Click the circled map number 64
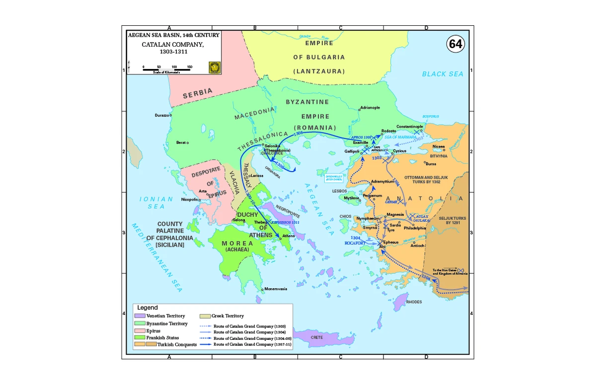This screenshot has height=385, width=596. (x=455, y=44)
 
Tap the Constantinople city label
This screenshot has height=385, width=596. (x=410, y=127)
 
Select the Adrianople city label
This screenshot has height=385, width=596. (x=370, y=107)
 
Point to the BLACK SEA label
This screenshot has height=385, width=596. (x=443, y=74)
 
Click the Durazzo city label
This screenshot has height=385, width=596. (x=161, y=115)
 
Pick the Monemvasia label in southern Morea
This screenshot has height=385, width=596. (x=276, y=289)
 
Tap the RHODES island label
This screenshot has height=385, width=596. (x=414, y=302)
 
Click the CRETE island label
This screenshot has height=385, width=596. (x=316, y=337)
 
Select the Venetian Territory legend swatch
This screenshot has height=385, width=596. (x=139, y=316)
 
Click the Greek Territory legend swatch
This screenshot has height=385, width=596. (x=205, y=316)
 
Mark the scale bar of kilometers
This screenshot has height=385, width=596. (x=166, y=70)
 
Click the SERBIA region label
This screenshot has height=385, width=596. (x=198, y=93)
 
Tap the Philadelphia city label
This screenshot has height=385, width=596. (x=415, y=228)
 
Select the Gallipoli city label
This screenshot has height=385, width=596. (x=352, y=151)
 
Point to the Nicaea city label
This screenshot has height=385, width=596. (x=439, y=146)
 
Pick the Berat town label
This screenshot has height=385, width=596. (x=181, y=142)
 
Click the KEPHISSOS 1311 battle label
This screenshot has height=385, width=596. (x=285, y=223)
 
